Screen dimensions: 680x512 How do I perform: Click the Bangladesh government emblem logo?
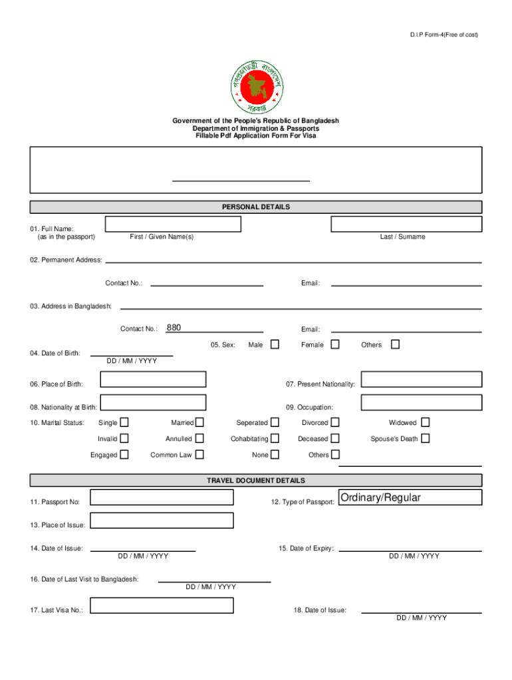pos(256,86)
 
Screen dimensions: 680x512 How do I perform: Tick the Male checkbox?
pos(275,345)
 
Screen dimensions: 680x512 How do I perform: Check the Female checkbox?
pos(335,345)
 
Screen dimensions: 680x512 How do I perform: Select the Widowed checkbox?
pos(426,422)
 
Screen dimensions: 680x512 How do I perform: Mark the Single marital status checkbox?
pos(124,422)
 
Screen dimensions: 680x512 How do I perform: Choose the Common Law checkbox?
pos(199,455)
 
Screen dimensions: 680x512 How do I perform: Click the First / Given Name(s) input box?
pos(173,224)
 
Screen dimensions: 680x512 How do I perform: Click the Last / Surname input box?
pos(406,224)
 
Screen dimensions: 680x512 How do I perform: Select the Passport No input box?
pos(162,497)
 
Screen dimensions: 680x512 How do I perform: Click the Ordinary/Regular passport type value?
pos(380,497)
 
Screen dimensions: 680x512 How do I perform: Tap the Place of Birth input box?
pos(153,379)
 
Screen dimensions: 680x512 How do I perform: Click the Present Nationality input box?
pos(422,379)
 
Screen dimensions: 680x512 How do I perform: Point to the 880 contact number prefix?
pos(174,327)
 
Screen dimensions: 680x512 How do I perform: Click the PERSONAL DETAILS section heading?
pos(256,207)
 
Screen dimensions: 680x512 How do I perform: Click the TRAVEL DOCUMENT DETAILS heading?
pos(256,480)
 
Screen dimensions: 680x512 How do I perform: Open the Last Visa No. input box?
pos(162,605)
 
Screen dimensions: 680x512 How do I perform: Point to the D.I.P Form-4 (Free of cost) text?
pos(444,35)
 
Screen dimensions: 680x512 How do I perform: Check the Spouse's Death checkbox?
pos(426,438)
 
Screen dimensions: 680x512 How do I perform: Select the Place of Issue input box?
pos(162,521)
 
